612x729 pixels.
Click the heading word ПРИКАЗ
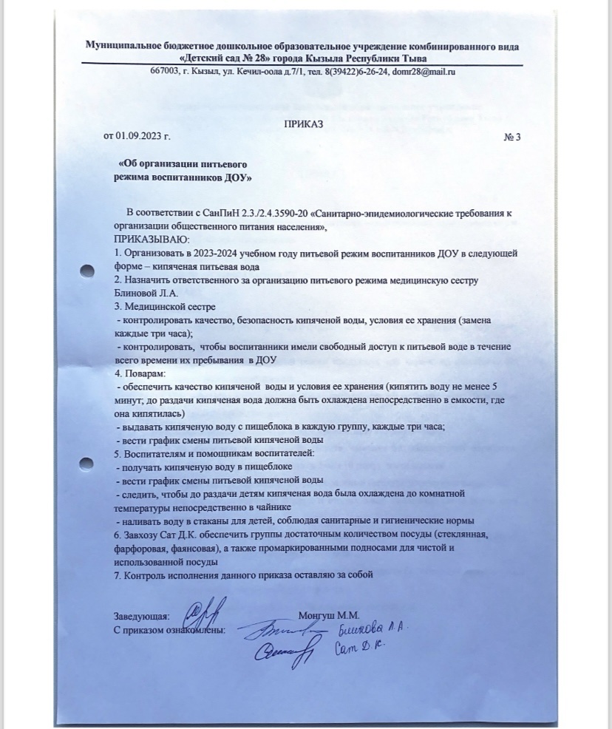pyautogui.click(x=304, y=124)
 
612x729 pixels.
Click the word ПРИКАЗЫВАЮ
pyautogui.click(x=152, y=240)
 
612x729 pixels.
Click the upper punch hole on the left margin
pyautogui.click(x=87, y=272)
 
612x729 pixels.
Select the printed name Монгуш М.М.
pyautogui.click(x=329, y=615)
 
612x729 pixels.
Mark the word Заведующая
pyautogui.click(x=141, y=616)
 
